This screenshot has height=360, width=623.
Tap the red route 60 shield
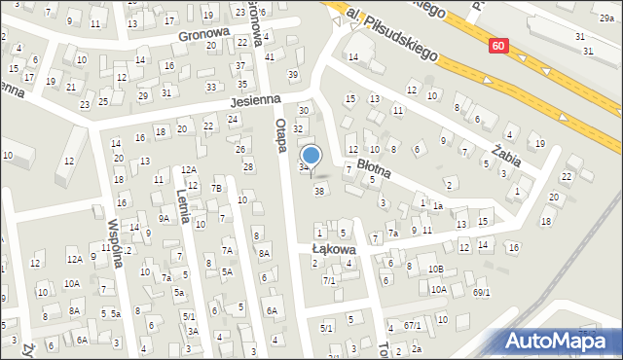pos(498,46)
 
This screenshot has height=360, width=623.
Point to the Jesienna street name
pos(255,99)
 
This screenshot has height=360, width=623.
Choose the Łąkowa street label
pos(333,249)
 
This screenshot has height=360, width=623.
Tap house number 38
pos(318,191)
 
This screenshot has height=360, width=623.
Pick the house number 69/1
pos(481,292)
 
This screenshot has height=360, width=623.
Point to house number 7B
pos(217,188)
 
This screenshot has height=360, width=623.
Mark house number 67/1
pos(413,325)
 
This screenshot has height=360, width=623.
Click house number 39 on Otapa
pos(292,75)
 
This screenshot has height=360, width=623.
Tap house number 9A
pos(165,219)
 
